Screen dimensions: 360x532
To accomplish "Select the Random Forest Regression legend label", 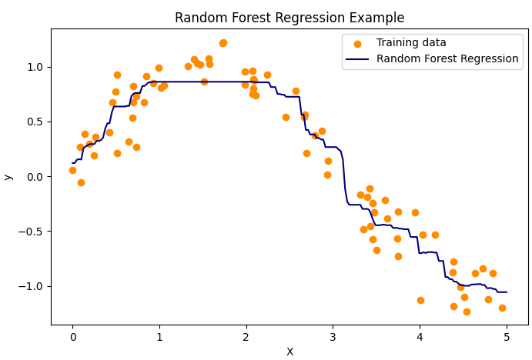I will click(447, 59).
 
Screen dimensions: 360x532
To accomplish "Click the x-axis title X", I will click(289, 352).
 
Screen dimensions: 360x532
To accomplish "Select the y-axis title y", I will click(8, 177).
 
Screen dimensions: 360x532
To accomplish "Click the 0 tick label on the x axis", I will click(73, 336).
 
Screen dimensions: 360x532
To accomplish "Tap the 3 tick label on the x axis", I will click(333, 336).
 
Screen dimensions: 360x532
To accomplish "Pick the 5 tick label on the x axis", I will click(506, 336).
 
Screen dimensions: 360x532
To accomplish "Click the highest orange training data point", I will click(223, 43).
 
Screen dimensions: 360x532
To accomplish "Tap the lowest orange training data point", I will click(467, 312).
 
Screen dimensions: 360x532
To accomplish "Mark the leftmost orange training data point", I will click(72, 170).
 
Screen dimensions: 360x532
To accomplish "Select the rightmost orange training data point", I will click(502, 308).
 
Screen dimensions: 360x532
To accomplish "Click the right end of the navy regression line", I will click(507, 292).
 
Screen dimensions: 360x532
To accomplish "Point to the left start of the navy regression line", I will click(72, 163).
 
